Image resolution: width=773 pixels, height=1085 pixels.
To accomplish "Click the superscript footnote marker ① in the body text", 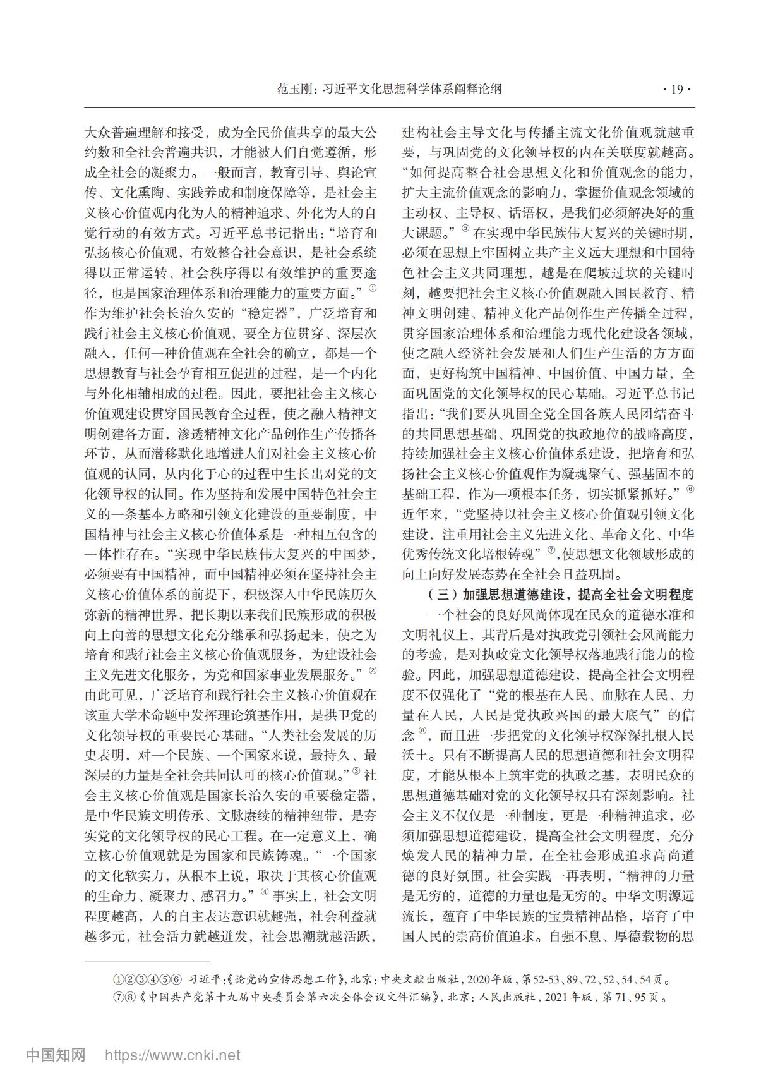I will pyautogui.click(x=373, y=288).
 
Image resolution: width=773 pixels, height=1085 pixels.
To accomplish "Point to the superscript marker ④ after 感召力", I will pyautogui.click(x=265, y=892).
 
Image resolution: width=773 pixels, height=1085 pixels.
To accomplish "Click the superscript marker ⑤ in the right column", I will pyautogui.click(x=465, y=228).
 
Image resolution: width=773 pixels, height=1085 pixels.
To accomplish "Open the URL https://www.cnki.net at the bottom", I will pyautogui.click(x=172, y=1055).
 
